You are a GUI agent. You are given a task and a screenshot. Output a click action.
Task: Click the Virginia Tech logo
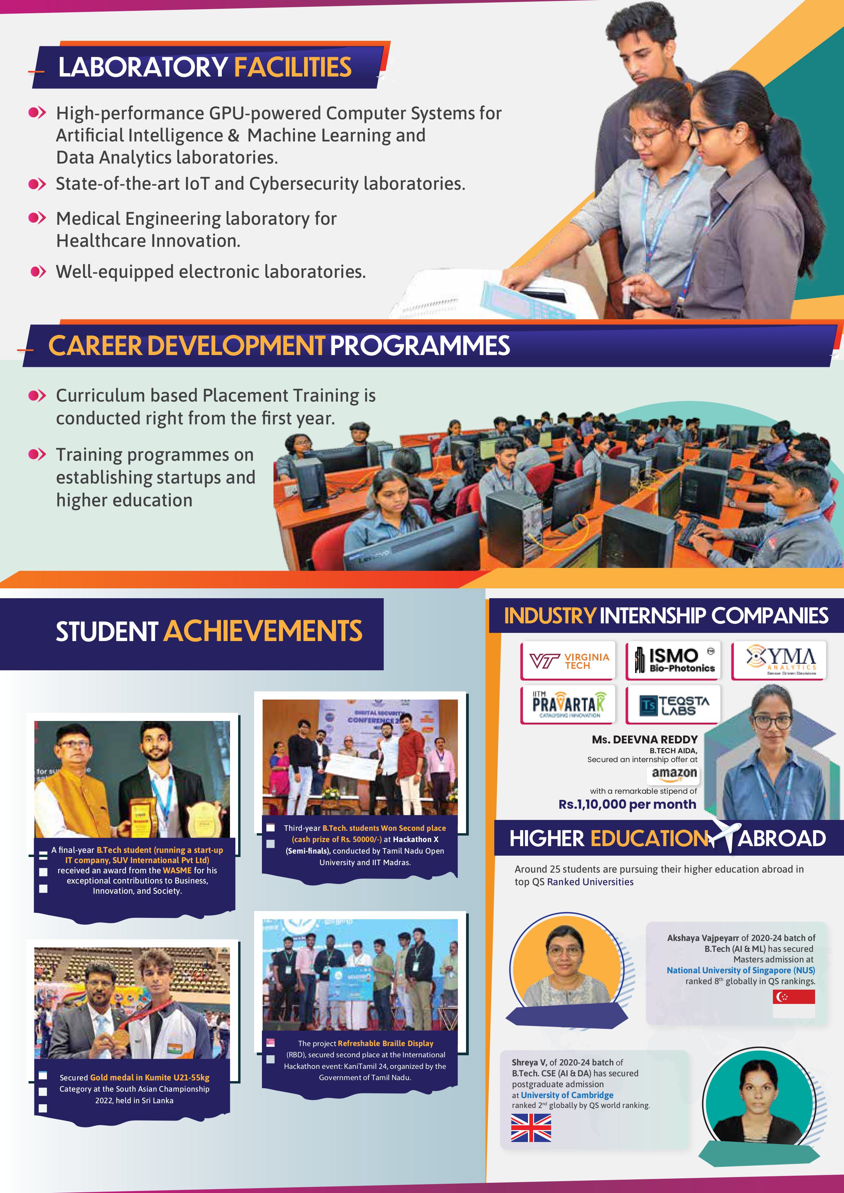coord(568,661)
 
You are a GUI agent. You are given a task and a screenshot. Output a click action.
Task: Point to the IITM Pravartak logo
coord(568,705)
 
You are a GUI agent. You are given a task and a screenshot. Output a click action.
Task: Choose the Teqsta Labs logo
coord(674,705)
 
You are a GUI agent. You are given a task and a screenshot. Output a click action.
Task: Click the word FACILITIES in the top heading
coord(293,68)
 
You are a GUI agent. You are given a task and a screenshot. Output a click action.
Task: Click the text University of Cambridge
coord(567,1095)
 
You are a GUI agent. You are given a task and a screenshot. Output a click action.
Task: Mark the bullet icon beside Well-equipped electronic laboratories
coord(38,271)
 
